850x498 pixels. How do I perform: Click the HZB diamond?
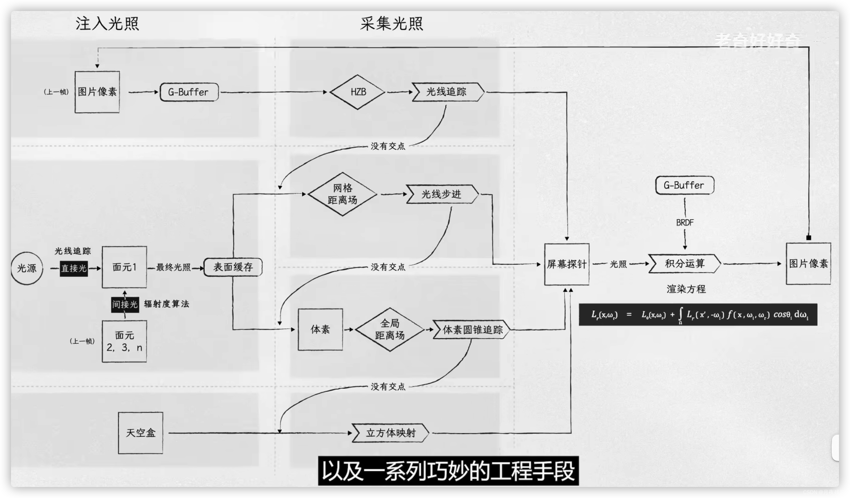pos(357,92)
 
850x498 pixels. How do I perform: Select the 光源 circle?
pos(27,268)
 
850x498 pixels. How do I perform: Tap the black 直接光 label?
pos(74,269)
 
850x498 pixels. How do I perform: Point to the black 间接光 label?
pos(125,304)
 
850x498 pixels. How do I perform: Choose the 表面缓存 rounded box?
pos(233,267)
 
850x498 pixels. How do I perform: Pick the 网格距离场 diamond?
pos(342,194)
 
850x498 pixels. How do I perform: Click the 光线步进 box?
pos(442,194)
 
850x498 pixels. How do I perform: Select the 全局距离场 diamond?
pos(390,329)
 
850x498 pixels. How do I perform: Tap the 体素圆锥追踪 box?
pos(472,330)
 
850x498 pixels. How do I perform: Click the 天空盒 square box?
pos(140,433)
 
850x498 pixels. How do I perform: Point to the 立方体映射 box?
pos(390,433)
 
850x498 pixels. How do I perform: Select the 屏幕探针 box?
pos(567,264)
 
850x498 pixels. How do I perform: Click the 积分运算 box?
pos(685,263)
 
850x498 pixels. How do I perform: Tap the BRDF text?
pos(685,223)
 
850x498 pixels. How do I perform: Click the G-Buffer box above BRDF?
pos(684,185)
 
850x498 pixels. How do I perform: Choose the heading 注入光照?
pos(107,24)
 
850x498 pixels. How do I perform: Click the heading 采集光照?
pos(392,24)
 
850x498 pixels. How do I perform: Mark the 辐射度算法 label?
pos(167,304)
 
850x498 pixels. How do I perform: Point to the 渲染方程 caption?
pos(686,289)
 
